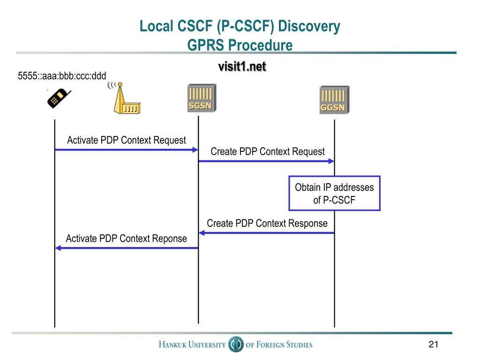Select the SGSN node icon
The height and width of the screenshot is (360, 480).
(200, 98)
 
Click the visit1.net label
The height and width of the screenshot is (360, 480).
(242, 67)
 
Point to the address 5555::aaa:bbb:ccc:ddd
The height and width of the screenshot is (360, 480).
(62, 75)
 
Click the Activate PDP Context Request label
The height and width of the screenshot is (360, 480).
(127, 140)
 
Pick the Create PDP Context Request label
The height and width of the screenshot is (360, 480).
(268, 151)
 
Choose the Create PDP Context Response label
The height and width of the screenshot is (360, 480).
(267, 223)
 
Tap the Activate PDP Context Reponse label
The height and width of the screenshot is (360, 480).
(126, 239)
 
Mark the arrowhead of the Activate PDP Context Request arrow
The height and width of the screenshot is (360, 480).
(195, 150)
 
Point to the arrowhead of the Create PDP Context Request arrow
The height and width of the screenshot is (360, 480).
(331, 161)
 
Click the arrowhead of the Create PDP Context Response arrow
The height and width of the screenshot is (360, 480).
(202, 233)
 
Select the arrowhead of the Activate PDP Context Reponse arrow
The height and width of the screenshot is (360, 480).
(58, 248)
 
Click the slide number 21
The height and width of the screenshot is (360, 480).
(433, 345)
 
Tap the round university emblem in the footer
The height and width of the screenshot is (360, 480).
(235, 345)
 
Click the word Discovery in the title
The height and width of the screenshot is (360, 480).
(309, 26)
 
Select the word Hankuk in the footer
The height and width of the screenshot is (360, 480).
(173, 345)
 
